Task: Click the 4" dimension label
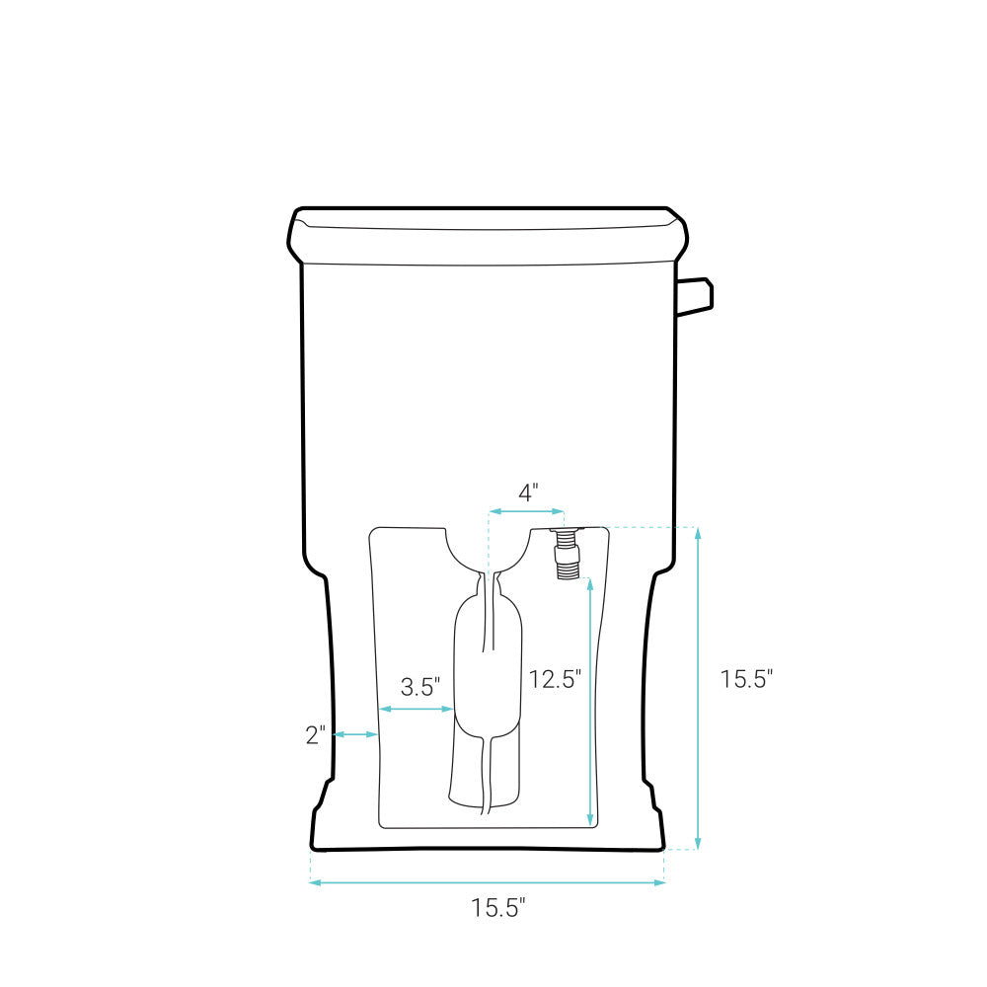point(529,493)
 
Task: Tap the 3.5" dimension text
point(420,687)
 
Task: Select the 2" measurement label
point(315,734)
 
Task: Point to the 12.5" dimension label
point(555,679)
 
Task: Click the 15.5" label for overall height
point(746,679)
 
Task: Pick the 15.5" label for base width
point(498,908)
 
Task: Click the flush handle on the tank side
point(695,295)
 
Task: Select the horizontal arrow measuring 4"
point(527,511)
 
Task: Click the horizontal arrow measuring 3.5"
point(416,709)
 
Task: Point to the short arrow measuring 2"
point(355,734)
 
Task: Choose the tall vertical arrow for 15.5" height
point(698,688)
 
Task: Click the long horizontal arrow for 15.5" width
point(488,882)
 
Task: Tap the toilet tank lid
point(488,237)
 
